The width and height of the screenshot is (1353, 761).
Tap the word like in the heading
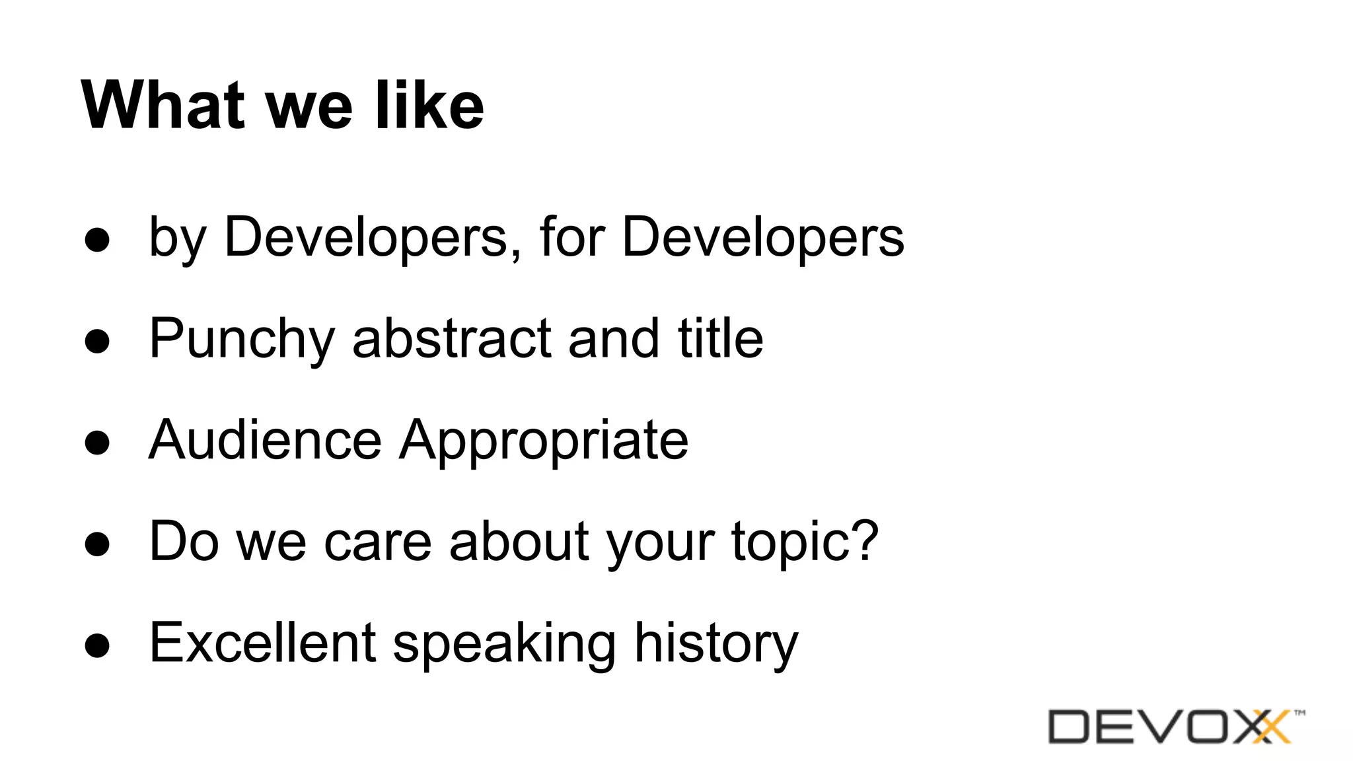429,105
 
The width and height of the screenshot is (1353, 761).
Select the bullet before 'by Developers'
97,240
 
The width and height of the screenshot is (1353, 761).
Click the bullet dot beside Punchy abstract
97,342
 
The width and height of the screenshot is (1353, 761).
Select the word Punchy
242,340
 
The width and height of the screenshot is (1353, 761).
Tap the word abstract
452,338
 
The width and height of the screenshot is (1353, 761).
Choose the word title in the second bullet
720,338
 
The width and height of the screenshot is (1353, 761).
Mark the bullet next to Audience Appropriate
97,443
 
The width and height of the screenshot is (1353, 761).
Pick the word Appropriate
544,441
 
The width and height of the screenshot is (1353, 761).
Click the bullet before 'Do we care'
97,545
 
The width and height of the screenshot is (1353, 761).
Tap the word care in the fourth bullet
377,542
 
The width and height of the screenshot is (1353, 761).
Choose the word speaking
505,643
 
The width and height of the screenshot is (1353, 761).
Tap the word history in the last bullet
716,643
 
